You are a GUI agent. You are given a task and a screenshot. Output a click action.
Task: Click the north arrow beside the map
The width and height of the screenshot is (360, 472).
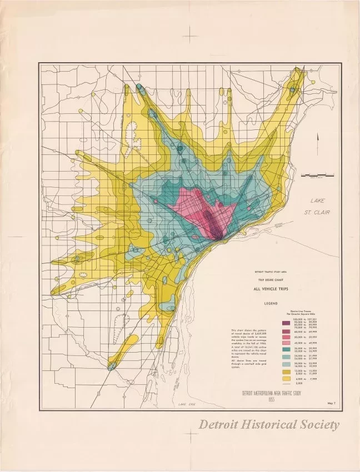point(318,142)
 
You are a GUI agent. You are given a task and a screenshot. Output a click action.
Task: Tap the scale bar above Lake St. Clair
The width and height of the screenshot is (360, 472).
point(317,175)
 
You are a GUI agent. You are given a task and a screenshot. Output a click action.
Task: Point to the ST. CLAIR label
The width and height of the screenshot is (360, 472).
point(320,212)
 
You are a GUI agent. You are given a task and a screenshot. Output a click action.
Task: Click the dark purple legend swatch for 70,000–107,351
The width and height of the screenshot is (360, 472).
point(286,323)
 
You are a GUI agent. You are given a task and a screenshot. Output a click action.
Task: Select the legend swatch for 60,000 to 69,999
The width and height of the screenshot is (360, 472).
point(286,332)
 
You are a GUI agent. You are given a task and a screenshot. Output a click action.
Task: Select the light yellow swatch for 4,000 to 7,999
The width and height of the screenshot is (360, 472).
point(286,379)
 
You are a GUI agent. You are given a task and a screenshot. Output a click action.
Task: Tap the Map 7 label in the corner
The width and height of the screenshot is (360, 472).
point(332,404)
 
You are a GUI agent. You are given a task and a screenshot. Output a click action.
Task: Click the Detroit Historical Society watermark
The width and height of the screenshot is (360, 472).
point(269,425)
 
